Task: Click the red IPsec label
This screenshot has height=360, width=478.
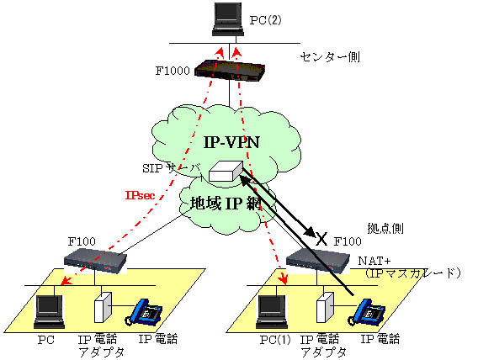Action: [139, 195]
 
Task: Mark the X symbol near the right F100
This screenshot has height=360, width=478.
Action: [320, 238]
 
